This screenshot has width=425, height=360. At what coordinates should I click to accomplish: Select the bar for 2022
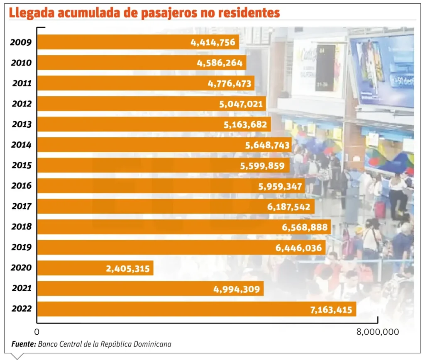pos(166,309)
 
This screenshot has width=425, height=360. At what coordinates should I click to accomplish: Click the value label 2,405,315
pos(128,268)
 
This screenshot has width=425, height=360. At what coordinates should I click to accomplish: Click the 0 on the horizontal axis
pos(37,332)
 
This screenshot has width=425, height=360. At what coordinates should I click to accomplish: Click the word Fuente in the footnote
pos(23,344)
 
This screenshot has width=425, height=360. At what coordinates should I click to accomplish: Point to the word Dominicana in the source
pos(152,344)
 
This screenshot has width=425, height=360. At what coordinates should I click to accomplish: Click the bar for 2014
pos(145,145)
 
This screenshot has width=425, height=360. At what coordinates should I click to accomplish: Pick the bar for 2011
pos(125,83)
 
